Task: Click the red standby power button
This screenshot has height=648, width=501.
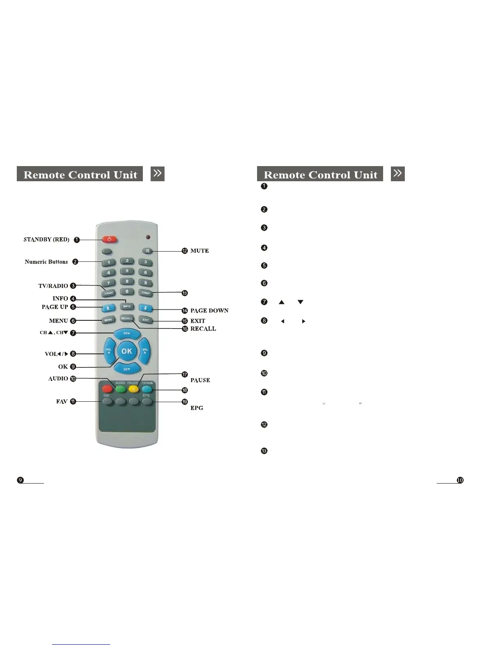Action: pos(109,239)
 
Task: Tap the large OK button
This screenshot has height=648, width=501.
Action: pos(127,351)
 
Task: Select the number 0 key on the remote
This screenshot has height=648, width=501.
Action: pos(127,292)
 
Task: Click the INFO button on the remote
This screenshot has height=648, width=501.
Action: pos(127,306)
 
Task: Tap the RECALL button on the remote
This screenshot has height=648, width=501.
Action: pos(127,318)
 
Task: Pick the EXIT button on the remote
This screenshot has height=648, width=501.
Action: pos(145,320)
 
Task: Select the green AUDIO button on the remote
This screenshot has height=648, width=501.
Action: pos(120,389)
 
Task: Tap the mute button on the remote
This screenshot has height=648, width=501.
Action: pos(147,251)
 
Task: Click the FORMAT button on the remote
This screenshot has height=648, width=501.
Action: pos(146,293)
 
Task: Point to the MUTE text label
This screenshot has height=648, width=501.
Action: pos(200,251)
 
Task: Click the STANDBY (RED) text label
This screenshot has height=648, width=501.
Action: pos(46,239)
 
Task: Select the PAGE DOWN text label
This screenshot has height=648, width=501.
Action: pos(210,310)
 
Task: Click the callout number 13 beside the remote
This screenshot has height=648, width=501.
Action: pos(185,293)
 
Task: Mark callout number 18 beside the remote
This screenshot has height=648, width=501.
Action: pos(185,390)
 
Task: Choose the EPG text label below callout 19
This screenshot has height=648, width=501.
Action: pos(197,408)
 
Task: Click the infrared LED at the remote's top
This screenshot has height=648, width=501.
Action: pos(148,237)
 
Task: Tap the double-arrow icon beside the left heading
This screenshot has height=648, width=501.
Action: pos(158,173)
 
